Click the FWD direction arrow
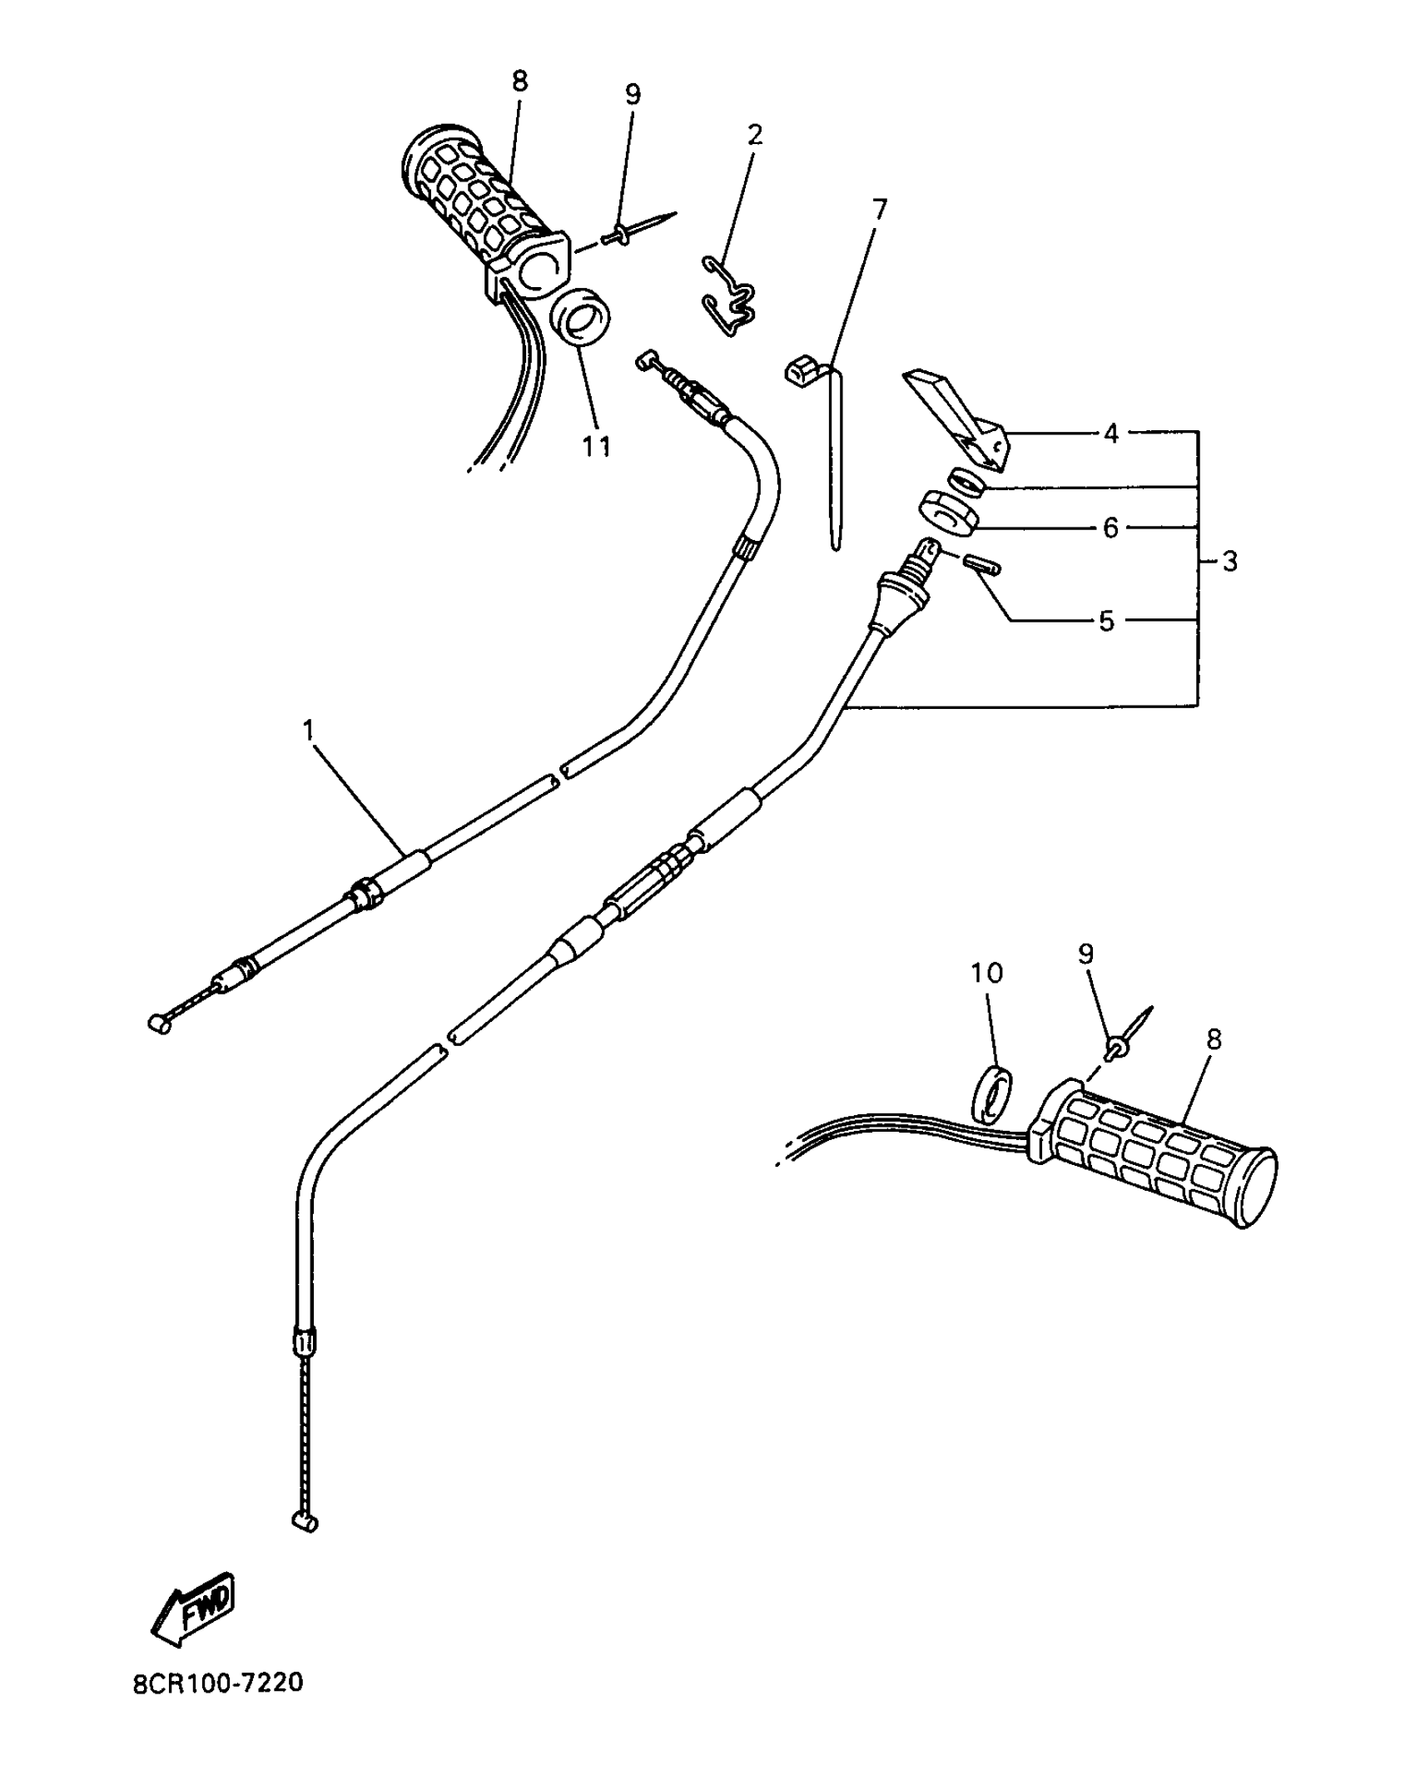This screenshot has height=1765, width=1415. [194, 1607]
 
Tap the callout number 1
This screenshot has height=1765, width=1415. [309, 731]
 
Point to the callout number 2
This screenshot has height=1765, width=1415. [754, 134]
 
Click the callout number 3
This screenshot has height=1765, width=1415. [1229, 562]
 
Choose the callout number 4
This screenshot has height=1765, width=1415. [1111, 434]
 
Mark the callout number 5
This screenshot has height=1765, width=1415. [1106, 621]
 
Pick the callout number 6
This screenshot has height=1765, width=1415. [1110, 528]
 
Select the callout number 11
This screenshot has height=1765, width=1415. [596, 447]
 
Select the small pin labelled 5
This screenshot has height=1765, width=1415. [982, 565]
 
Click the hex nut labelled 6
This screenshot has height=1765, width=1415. [948, 513]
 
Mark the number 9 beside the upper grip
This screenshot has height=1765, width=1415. [633, 94]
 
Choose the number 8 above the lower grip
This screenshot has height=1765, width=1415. [1214, 1039]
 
